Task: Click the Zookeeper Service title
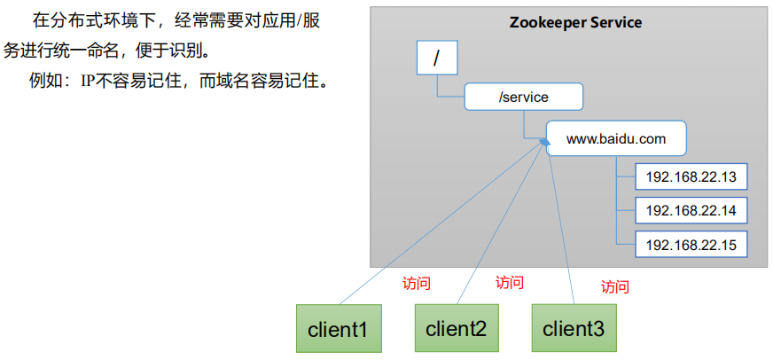pos(575,22)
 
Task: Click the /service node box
pos(524,97)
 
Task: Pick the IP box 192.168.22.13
pos(691,177)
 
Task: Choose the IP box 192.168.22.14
pos(691,211)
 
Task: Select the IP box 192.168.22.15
pos(691,244)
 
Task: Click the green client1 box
pos(338,328)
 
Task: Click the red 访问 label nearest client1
pos(416,284)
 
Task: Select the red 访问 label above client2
pos(509,283)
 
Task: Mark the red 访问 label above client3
pos(614,286)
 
